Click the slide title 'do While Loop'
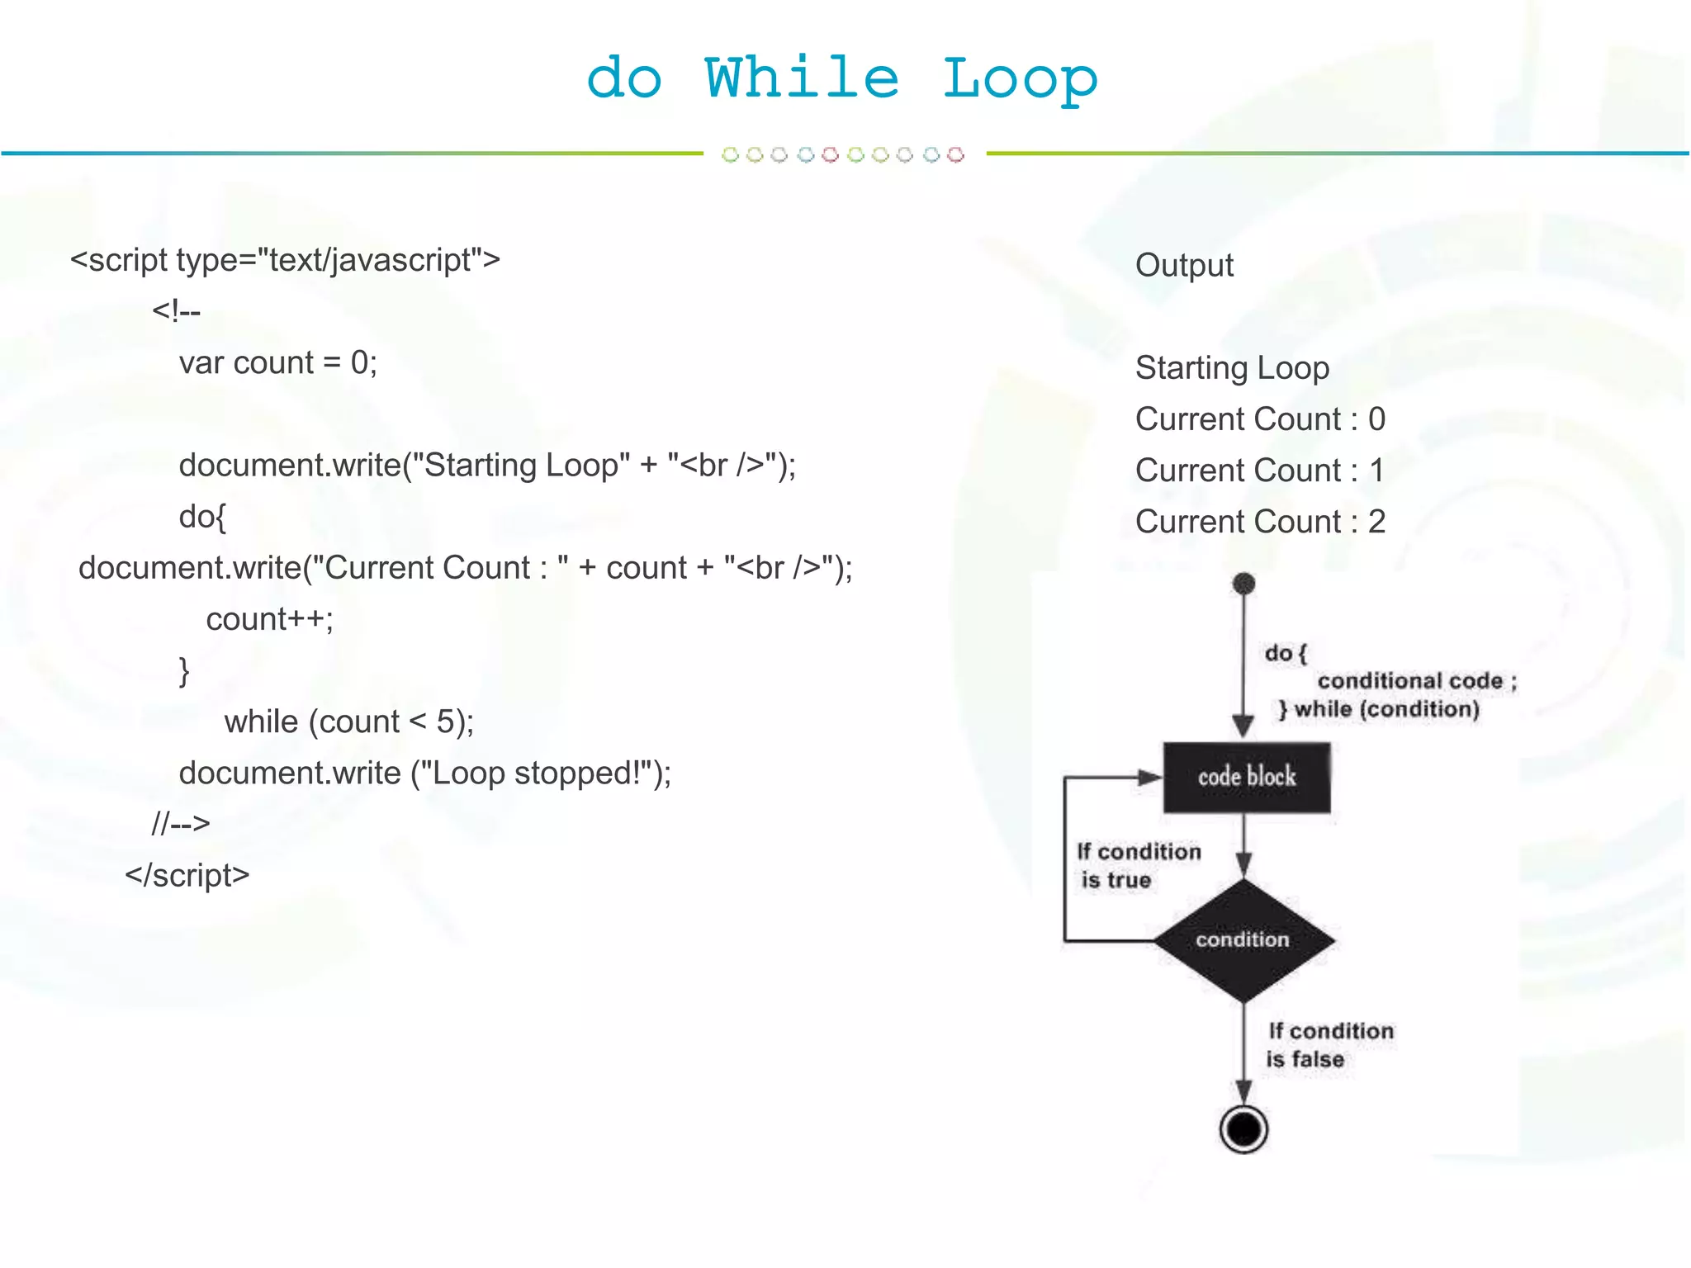(x=841, y=79)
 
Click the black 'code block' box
(x=1246, y=777)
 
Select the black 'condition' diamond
(x=1243, y=939)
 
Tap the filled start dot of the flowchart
(x=1243, y=584)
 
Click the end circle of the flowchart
(x=1243, y=1128)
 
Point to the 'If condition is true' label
(x=1138, y=866)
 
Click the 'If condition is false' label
(x=1329, y=1045)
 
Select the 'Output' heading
(x=1184, y=266)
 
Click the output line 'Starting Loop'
(x=1232, y=368)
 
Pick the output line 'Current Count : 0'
(x=1260, y=419)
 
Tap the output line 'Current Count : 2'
(x=1260, y=522)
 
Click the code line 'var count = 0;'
(x=278, y=363)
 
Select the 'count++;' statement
(x=269, y=619)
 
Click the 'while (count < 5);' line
(x=348, y=722)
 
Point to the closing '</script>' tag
(x=187, y=875)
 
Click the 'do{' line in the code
(x=202, y=517)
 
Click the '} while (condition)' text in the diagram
(x=1379, y=709)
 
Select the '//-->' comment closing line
(x=181, y=824)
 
